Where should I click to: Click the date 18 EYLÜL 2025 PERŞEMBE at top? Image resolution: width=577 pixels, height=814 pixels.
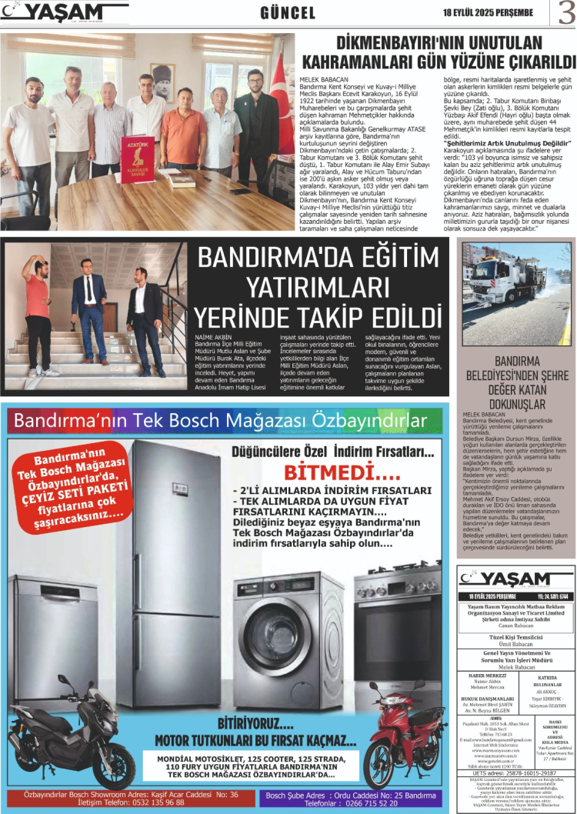click(x=488, y=12)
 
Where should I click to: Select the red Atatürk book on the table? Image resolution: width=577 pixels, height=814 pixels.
click(x=137, y=159)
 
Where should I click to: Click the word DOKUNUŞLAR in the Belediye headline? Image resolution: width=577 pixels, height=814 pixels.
click(x=516, y=402)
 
